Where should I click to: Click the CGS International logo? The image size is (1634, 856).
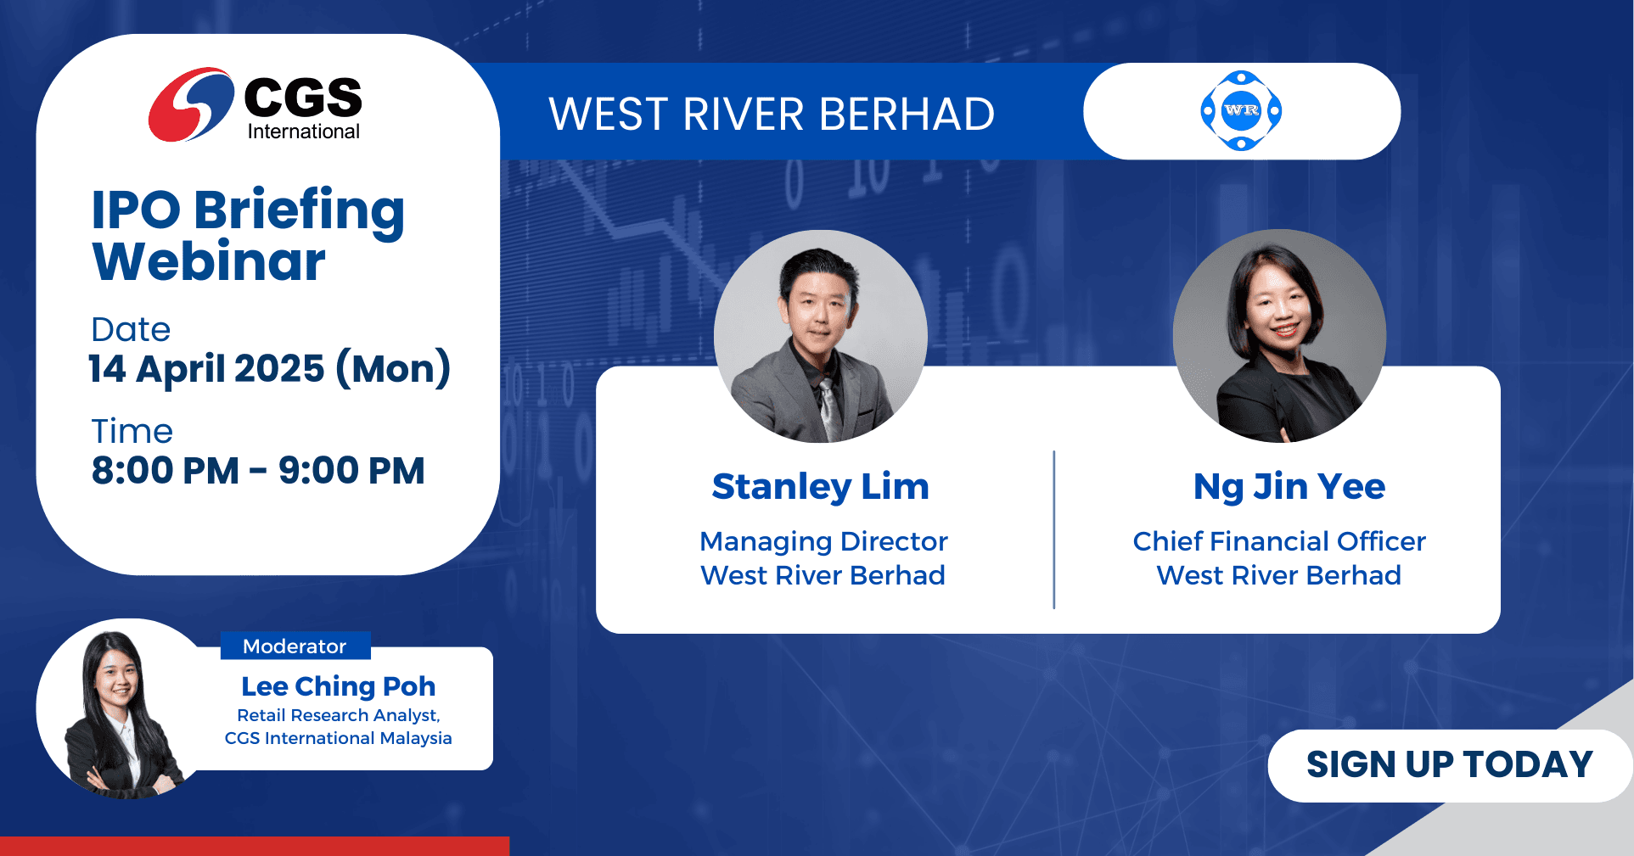(255, 104)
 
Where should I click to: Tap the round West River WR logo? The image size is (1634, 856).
(1241, 111)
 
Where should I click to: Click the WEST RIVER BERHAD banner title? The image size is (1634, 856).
(772, 115)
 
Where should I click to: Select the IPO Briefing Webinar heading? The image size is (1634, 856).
(248, 235)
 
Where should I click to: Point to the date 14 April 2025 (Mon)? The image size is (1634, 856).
(269, 369)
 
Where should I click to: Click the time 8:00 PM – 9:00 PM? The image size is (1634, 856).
(258, 471)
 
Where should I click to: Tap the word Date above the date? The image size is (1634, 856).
(131, 329)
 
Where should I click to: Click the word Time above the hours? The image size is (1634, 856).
(132, 431)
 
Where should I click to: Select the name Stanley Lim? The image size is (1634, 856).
(821, 487)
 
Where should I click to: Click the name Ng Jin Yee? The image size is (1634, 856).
(1289, 487)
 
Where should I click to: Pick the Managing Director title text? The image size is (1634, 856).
(823, 541)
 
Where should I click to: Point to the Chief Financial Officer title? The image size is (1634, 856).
(1279, 541)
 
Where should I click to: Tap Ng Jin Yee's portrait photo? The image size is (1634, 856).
(1279, 336)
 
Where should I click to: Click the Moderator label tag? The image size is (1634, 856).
(295, 646)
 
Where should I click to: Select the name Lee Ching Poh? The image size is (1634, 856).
(339, 686)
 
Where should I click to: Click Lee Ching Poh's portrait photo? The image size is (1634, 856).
(119, 709)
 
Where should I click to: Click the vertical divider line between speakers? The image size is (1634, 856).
(1054, 529)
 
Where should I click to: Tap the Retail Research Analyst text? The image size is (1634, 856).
(339, 715)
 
